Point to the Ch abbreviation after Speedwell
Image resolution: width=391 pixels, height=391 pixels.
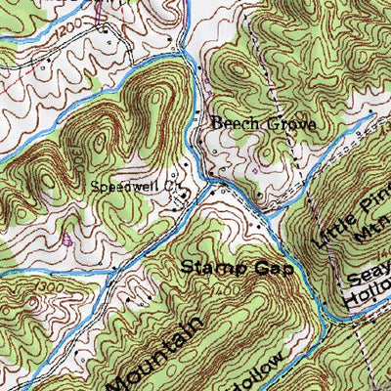click(173, 183)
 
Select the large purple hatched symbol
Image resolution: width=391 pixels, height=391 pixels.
click(66, 238)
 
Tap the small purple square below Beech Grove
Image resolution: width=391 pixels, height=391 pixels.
click(253, 167)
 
